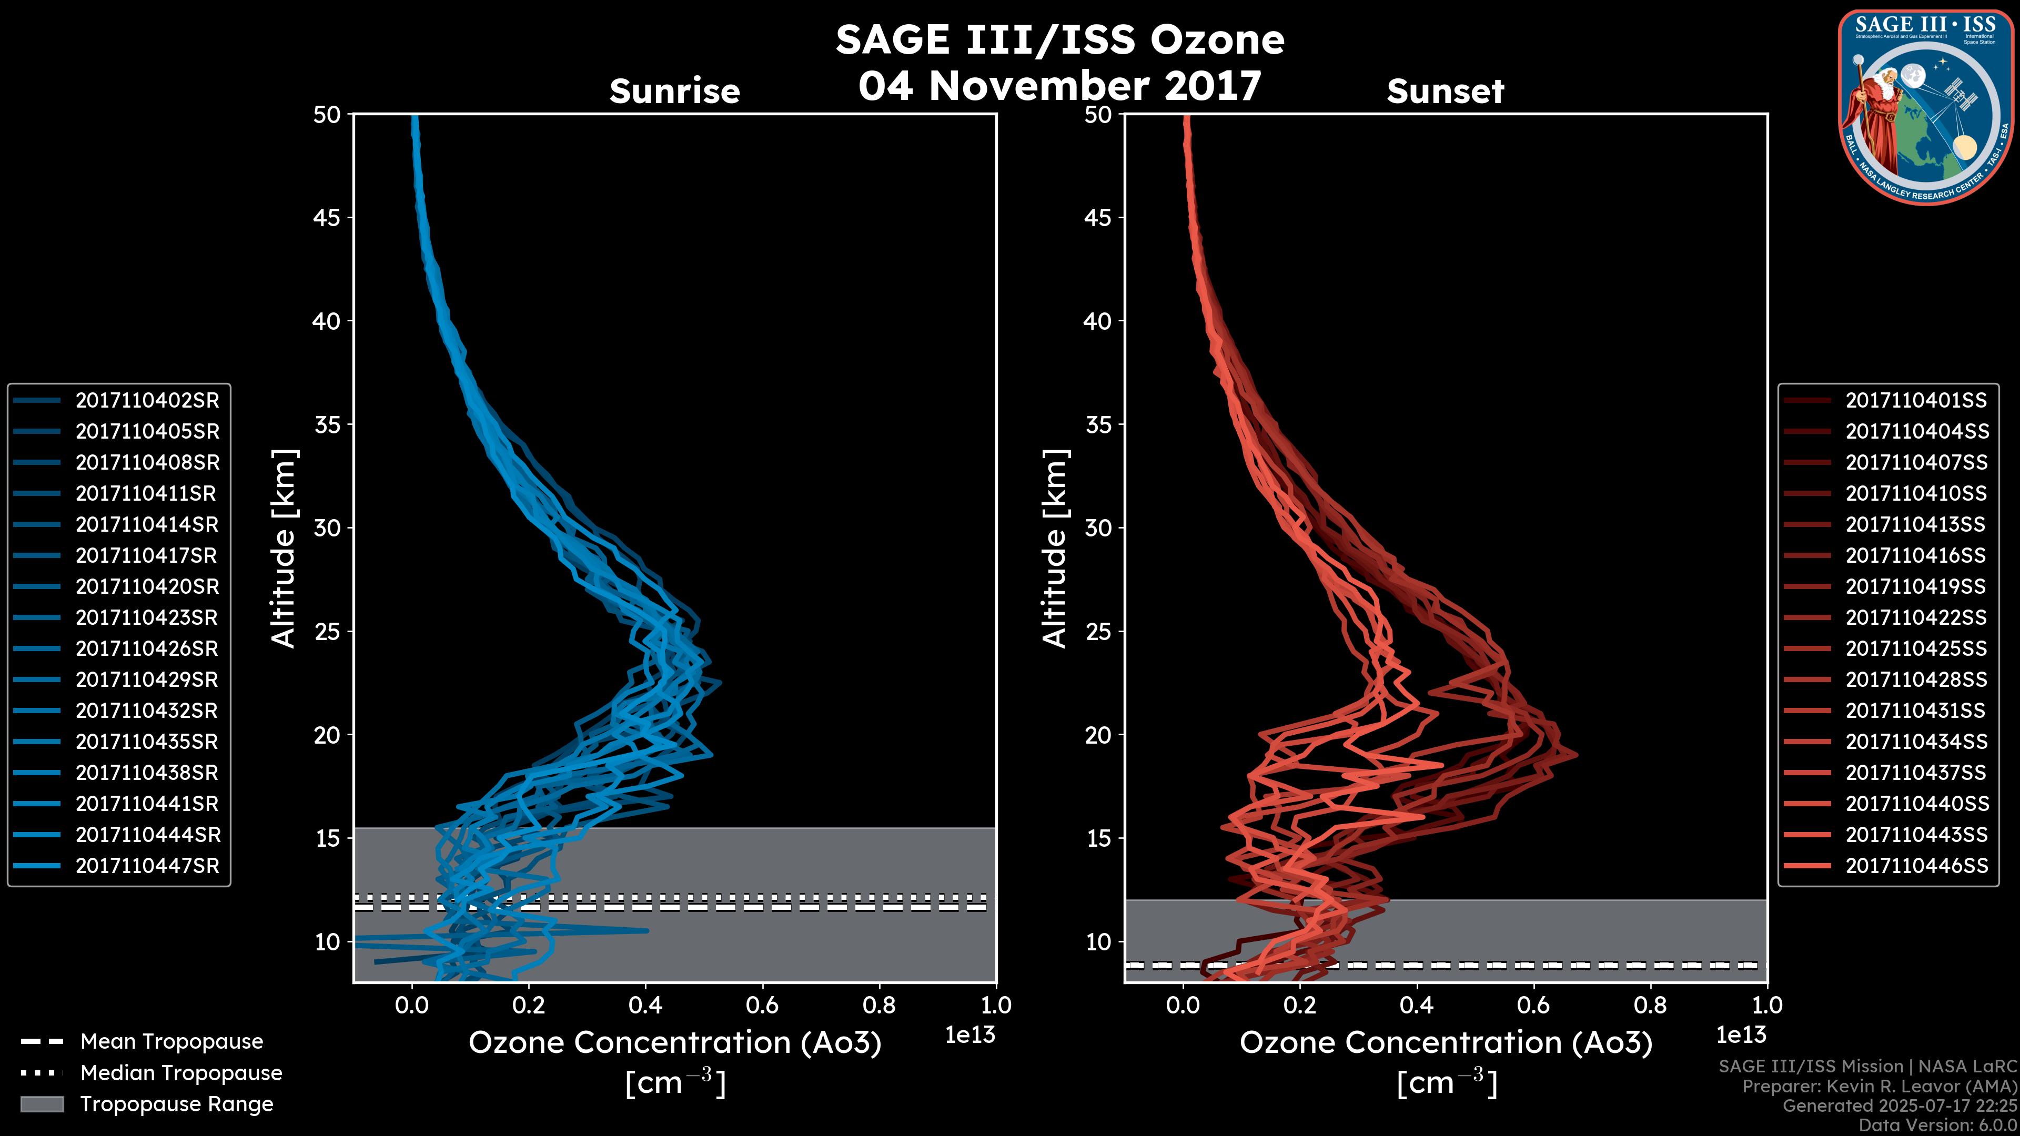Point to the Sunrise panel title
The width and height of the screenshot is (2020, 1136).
tap(674, 92)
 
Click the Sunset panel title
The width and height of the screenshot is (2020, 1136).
tap(1445, 92)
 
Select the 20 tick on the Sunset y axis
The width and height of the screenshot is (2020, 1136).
tap(1098, 735)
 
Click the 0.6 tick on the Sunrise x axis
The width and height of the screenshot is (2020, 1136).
tap(762, 1005)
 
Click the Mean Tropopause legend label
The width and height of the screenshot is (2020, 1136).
tap(171, 1042)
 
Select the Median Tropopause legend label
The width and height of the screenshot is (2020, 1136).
tap(181, 1073)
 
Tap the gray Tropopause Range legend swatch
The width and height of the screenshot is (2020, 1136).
tap(42, 1104)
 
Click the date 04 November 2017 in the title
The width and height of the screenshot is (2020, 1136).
tap(1059, 86)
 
